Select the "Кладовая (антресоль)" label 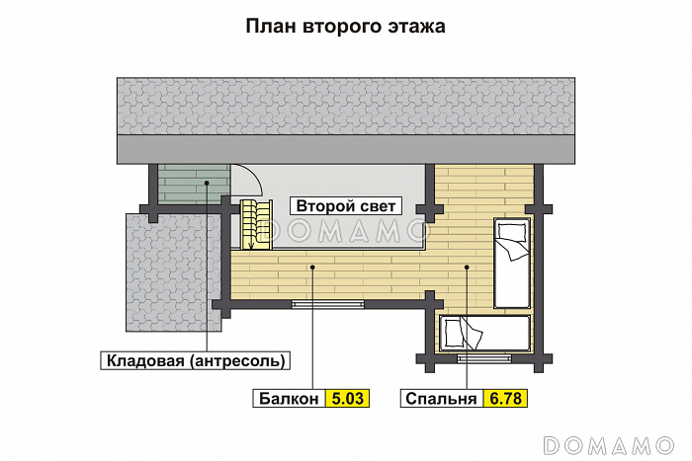point(197,359)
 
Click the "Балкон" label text point(290,399)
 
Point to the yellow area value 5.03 point(348,399)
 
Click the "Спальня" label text point(442,399)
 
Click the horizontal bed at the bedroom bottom point(483,333)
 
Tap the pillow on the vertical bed point(511,233)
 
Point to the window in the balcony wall point(327,305)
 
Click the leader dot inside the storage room point(207,184)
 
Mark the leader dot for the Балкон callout point(312,266)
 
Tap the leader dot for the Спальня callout point(466,266)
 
